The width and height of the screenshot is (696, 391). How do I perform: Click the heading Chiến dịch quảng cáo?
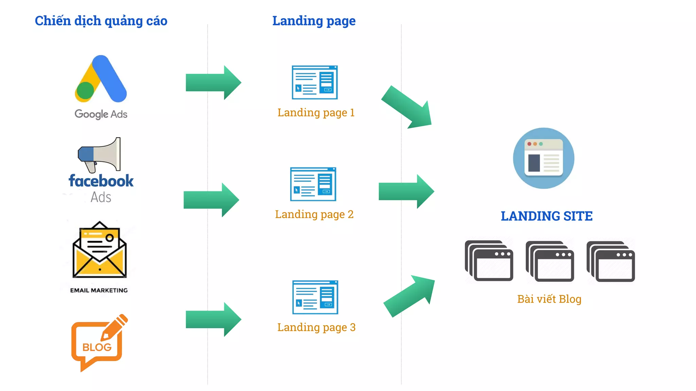pos(101,21)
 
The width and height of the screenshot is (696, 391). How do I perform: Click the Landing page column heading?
pos(314,21)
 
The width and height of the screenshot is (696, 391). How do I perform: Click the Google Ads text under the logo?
pos(101,114)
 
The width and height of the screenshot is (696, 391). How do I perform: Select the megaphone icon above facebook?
pos(100,154)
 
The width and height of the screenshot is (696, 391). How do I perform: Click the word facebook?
pos(101,181)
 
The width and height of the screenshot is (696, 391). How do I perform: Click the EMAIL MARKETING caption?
pos(99,290)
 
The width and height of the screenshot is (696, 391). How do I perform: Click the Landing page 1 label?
pos(316,112)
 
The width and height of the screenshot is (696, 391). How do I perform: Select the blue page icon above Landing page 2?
pos(313,184)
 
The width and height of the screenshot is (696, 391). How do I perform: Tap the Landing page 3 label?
pos(316,327)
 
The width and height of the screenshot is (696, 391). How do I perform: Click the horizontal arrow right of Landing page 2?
pos(406,191)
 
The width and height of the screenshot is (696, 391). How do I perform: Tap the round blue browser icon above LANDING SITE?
pos(543,158)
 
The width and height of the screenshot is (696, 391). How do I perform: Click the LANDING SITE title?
pos(546,216)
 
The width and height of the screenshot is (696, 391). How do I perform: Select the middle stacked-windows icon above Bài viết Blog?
pos(550,261)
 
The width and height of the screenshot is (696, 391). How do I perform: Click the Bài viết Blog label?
pos(549,299)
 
